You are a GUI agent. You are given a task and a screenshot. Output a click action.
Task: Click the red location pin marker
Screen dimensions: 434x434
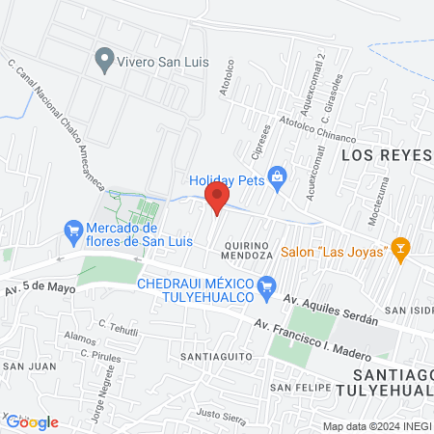pos(217,201)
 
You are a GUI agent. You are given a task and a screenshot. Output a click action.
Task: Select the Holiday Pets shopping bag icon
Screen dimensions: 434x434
pos(278,176)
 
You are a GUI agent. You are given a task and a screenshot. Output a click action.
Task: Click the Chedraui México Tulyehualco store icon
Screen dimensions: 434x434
pos(269,285)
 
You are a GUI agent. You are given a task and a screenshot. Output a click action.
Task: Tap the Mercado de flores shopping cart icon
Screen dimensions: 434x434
pos(72,231)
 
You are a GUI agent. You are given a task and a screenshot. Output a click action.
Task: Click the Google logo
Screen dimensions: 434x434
pos(32,421)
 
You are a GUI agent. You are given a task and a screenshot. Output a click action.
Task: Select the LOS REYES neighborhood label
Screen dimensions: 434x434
pos(388,154)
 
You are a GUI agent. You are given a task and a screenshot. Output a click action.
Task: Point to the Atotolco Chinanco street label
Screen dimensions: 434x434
pos(318,130)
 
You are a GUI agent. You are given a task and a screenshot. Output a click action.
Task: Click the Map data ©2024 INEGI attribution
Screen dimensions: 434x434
pos(376,425)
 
